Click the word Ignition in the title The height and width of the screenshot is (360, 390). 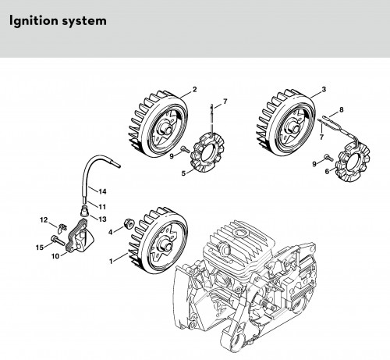pyautogui.click(x=32, y=21)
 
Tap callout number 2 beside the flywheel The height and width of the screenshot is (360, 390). pyautogui.click(x=194, y=89)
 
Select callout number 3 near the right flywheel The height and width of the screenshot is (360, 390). pyautogui.click(x=324, y=89)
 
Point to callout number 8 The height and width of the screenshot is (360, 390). pyautogui.click(x=342, y=109)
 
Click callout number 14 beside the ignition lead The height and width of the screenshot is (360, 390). pyautogui.click(x=102, y=191)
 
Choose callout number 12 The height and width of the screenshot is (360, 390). pyautogui.click(x=44, y=220)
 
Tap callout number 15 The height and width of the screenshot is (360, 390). pyautogui.click(x=40, y=247)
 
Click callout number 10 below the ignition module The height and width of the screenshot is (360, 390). pyautogui.click(x=55, y=256)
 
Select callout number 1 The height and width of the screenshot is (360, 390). pyautogui.click(x=111, y=261)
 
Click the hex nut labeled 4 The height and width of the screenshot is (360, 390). pyautogui.click(x=129, y=224)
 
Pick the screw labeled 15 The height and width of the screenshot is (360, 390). pyautogui.click(x=58, y=241)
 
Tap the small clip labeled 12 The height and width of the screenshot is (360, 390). pyautogui.click(x=62, y=228)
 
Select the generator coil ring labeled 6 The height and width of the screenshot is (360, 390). pyautogui.click(x=353, y=163)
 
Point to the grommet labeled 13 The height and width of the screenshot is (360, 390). pyautogui.click(x=84, y=209)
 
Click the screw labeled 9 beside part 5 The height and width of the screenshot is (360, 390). pyautogui.click(x=186, y=149)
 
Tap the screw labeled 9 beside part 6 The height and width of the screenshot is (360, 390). pyautogui.click(x=329, y=157)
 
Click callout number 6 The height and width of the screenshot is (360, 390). pyautogui.click(x=327, y=172)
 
